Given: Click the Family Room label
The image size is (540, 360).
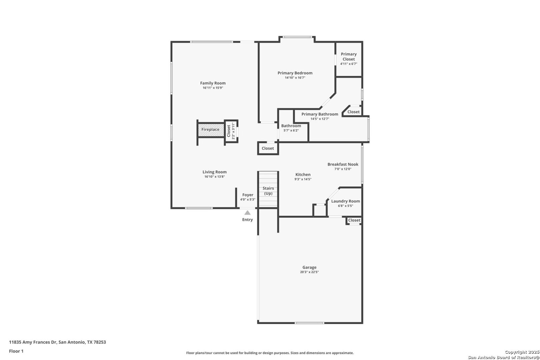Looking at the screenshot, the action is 213,83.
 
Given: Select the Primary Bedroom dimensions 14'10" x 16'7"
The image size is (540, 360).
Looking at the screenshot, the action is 295,78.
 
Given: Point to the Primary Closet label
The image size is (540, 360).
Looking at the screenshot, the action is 349,57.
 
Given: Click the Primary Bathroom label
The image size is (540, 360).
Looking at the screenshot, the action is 320,114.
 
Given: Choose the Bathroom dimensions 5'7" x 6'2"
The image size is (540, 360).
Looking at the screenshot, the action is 291,130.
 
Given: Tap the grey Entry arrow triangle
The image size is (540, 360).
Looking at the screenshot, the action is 247,213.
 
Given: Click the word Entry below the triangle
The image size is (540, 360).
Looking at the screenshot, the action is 248,220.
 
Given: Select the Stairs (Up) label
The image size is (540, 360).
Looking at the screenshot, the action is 268,191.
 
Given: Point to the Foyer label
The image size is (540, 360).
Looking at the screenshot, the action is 248,195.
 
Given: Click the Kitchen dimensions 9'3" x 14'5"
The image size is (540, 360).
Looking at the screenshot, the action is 303,179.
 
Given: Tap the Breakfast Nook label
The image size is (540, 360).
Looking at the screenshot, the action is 343,164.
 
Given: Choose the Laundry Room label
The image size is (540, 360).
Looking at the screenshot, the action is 345,201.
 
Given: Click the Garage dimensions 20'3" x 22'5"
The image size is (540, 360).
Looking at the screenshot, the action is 310,272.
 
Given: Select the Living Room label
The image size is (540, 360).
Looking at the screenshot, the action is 215,172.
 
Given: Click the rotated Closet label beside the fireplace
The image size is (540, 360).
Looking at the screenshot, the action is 229,131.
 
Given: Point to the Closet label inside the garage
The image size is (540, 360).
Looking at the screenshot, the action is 354,220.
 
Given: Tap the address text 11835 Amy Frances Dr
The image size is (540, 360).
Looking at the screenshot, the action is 33,342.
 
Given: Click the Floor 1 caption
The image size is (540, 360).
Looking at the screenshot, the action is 16,351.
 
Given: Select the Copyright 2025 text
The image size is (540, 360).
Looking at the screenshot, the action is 522,352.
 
